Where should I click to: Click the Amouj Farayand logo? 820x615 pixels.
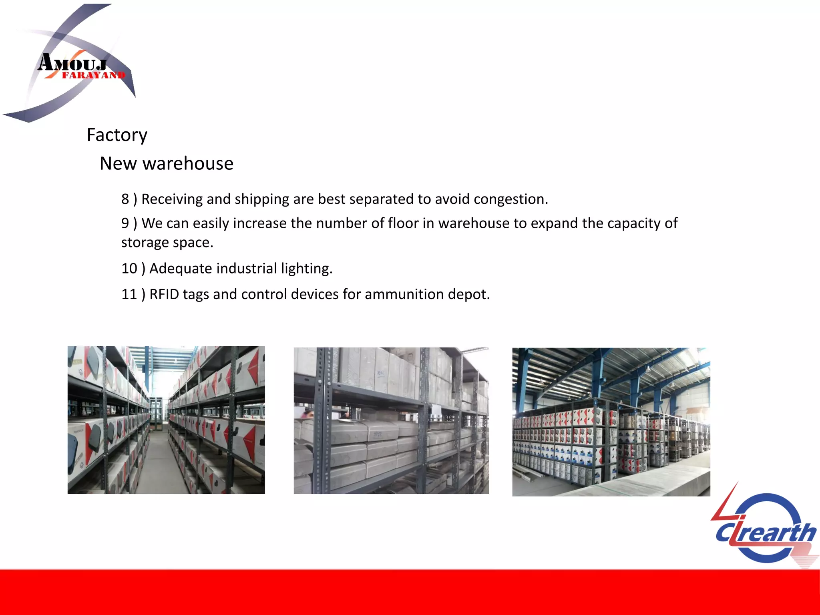tap(72, 64)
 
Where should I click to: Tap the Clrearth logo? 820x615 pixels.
tap(765, 529)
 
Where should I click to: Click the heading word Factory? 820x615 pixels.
tap(117, 135)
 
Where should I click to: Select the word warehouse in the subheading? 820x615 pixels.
tap(188, 164)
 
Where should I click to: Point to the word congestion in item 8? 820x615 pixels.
tap(511, 199)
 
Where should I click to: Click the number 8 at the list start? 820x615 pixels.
tap(125, 199)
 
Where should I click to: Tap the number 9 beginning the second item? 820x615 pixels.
tap(125, 223)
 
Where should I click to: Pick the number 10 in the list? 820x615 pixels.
tap(129, 269)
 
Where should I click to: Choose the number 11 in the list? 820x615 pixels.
tap(129, 295)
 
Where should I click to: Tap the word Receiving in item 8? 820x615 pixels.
tap(172, 199)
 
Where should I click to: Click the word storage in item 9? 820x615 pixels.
tap(145, 243)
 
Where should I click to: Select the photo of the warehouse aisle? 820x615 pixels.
tap(166, 420)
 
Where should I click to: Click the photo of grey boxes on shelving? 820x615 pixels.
tap(391, 420)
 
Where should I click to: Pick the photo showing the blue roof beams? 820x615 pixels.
tap(611, 422)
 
